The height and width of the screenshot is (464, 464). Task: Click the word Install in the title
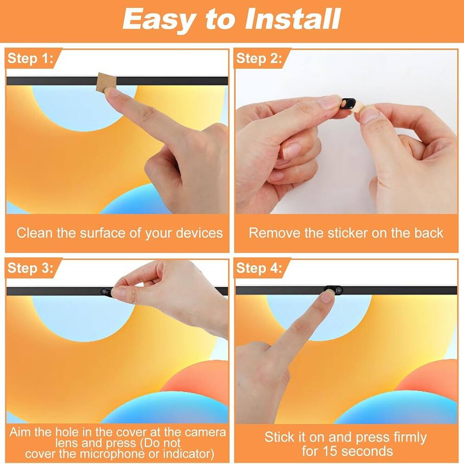coord(293,19)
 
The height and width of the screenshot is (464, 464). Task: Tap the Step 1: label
coord(31,58)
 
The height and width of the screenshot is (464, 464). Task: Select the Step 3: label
coord(31,268)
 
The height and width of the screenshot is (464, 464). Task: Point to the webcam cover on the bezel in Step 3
coord(105,291)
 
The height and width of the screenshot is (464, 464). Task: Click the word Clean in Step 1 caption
coord(35,232)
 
